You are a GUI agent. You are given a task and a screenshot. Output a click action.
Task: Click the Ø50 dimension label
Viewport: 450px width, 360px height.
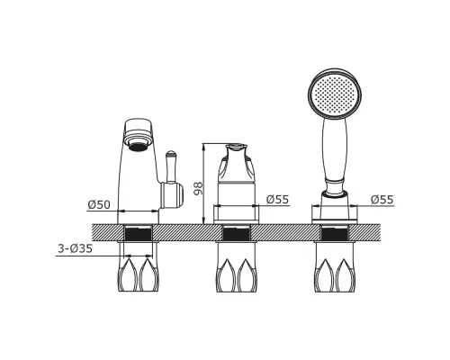tap(99, 204)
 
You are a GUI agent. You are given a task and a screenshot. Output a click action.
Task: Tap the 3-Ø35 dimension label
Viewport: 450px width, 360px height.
tap(75, 248)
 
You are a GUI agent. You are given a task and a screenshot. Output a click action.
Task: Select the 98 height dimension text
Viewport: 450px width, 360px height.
tap(198, 188)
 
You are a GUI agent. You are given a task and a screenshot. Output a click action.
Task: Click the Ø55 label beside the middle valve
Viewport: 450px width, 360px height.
tap(277, 199)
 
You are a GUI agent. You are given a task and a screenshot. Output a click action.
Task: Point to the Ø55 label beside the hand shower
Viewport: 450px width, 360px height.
tap(382, 199)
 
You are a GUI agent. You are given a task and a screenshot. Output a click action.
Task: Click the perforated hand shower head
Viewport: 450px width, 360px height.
tap(335, 94)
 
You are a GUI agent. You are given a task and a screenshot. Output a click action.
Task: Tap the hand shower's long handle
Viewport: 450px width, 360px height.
tap(335, 150)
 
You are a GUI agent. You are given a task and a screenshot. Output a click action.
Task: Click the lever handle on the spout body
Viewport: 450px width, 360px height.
tap(171, 166)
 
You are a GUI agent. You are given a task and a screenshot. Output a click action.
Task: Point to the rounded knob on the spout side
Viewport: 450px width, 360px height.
tap(172, 195)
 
